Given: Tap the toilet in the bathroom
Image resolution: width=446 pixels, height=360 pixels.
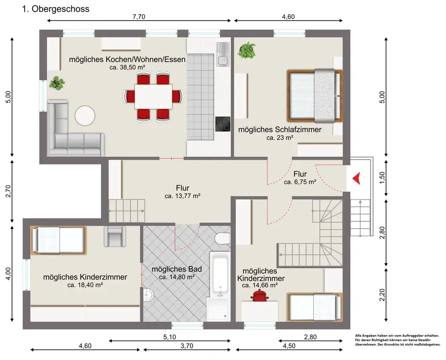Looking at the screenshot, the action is click(223, 238).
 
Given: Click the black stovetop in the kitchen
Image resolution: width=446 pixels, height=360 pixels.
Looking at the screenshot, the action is click(223, 124).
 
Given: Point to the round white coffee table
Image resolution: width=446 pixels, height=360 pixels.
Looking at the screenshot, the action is click(85, 116).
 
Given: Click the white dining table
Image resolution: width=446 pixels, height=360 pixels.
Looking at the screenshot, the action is click(153, 96).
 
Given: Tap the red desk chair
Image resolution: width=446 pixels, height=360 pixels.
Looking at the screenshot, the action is click(259, 295).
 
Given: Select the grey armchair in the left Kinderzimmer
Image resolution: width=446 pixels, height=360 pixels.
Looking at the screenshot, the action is click(115, 236).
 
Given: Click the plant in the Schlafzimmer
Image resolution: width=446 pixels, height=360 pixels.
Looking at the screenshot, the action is click(247, 50).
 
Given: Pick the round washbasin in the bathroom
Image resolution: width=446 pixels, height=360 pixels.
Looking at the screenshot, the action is click(148, 295).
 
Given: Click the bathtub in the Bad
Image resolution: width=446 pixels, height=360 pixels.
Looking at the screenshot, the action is click(220, 273).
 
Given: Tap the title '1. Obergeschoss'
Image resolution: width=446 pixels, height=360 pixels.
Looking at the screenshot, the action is click(56, 9).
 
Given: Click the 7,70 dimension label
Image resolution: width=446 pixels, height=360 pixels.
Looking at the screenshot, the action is click(139, 17).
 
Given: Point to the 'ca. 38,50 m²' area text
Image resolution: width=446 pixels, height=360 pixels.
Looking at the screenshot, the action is click(128, 67).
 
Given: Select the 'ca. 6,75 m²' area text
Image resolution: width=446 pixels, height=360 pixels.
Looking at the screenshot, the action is click(300, 182).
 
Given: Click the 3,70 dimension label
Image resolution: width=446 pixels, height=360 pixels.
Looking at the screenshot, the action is click(186, 346).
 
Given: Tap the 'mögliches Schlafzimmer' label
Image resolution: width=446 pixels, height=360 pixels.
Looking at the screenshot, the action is click(280, 130).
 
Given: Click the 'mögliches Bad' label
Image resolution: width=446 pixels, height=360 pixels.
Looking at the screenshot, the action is click(177, 269).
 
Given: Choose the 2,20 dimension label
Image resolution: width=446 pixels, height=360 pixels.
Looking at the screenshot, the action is click(382, 295).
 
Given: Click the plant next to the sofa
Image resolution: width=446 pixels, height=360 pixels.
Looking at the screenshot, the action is click(57, 83).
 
